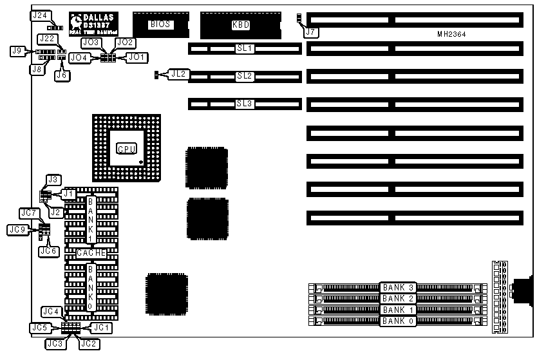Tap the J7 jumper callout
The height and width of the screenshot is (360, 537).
pyautogui.click(x=311, y=31)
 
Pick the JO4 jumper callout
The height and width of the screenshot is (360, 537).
pyautogui.click(x=78, y=57)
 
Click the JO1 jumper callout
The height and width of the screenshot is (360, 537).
pyautogui.click(x=137, y=57)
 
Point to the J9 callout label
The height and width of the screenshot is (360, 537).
pyautogui.click(x=18, y=50)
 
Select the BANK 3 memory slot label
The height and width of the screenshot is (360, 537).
pyautogui.click(x=397, y=287)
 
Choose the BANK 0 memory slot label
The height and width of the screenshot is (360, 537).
pyautogui.click(x=397, y=320)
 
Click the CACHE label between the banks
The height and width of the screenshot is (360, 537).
pyautogui.click(x=91, y=253)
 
